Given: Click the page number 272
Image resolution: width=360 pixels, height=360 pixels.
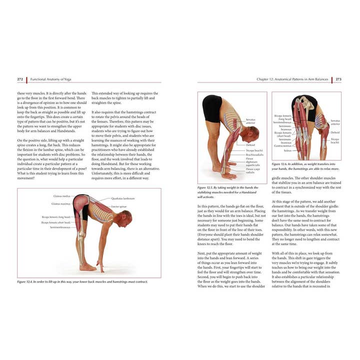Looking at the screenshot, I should tap(20, 79).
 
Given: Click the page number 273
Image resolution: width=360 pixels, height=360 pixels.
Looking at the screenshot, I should tap(338, 79).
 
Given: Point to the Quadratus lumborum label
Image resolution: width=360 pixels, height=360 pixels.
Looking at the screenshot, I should tap(122, 198).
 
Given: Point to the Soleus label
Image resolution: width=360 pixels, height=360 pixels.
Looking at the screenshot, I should tap(287, 150).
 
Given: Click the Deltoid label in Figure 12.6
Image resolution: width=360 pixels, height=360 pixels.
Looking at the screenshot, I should tap(334, 132).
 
